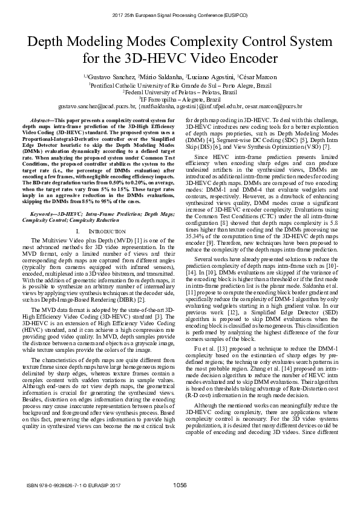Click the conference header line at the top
[180, 13]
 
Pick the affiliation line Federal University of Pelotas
[180, 92]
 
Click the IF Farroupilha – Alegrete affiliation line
[180, 99]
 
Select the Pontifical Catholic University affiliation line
[180, 86]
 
